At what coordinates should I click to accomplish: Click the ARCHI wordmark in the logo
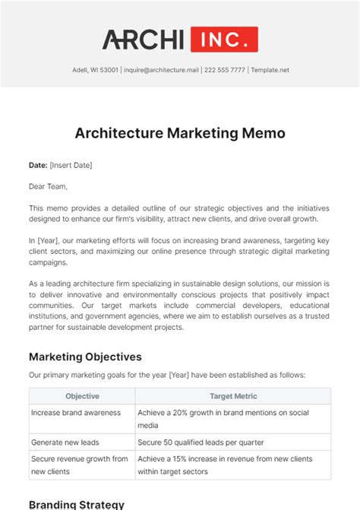(x=143, y=40)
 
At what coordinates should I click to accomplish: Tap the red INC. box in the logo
(x=224, y=40)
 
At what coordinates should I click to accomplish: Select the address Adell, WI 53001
(x=91, y=70)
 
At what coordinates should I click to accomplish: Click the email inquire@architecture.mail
(x=162, y=70)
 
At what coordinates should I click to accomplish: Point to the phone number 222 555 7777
(x=225, y=70)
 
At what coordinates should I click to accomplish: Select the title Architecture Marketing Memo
(x=180, y=133)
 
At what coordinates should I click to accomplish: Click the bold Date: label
(x=38, y=165)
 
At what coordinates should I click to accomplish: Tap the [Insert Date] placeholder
(x=71, y=165)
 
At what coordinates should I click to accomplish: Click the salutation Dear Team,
(x=49, y=186)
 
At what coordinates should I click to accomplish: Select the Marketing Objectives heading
(x=85, y=356)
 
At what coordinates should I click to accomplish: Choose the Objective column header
(x=82, y=396)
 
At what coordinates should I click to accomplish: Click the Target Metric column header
(x=232, y=396)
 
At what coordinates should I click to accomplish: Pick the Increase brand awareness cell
(x=76, y=412)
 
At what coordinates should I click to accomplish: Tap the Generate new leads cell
(x=65, y=442)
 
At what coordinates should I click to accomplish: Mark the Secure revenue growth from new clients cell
(x=80, y=464)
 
